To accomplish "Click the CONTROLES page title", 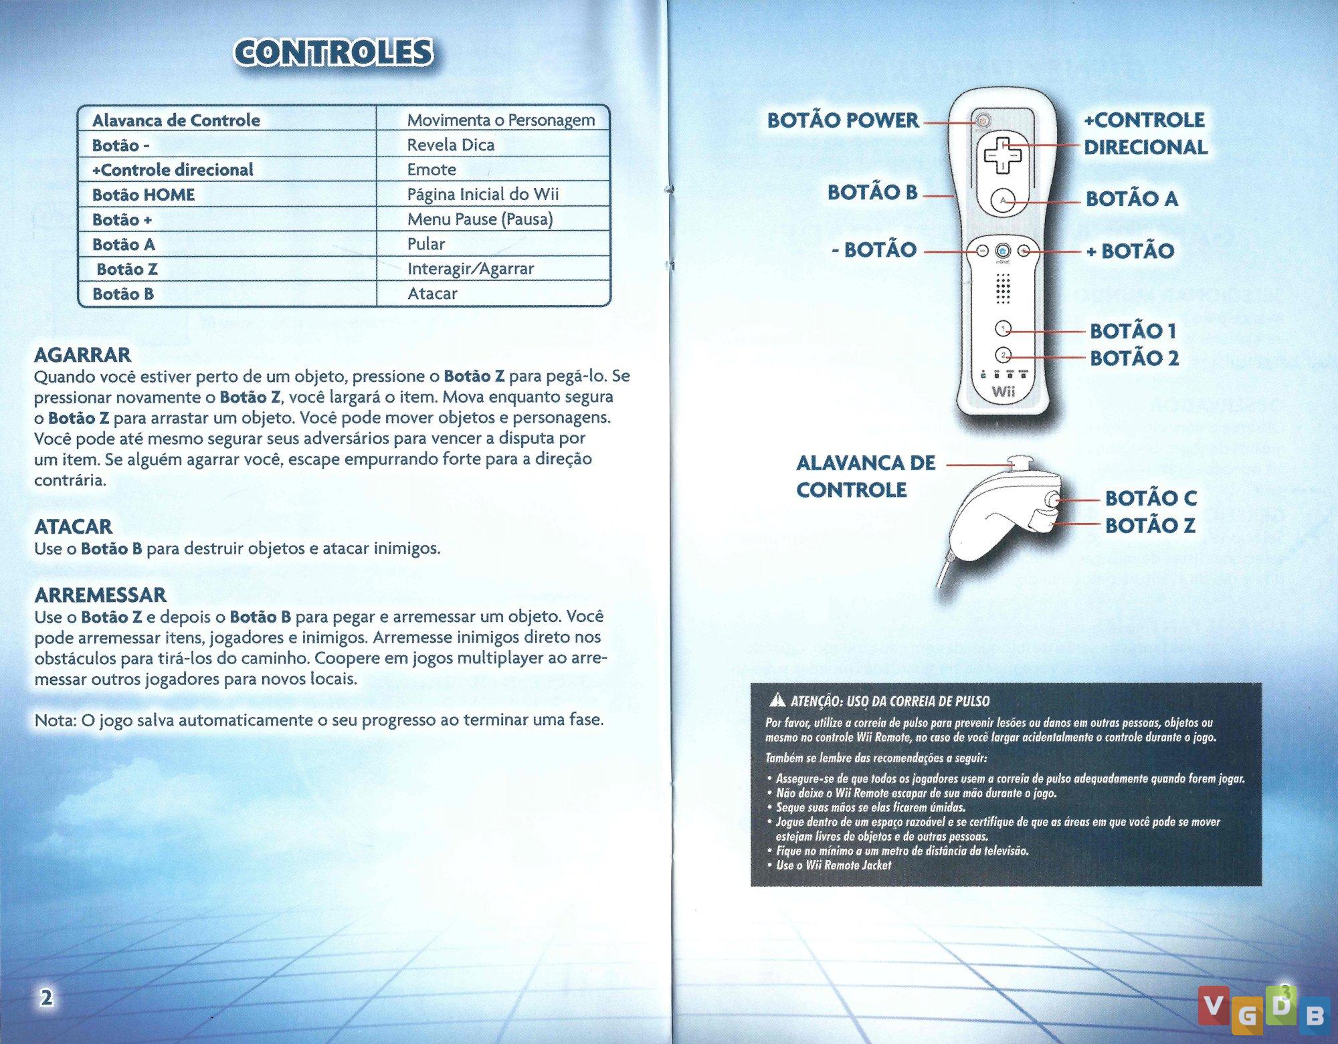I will click(333, 53).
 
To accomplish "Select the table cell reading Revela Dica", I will click(450, 144).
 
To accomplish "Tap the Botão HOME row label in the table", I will click(143, 195).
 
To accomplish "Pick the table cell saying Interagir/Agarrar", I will click(470, 269).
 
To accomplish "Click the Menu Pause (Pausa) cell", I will click(480, 219).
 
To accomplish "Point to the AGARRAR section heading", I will click(82, 354).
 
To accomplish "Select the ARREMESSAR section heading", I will click(100, 595).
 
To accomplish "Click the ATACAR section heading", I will click(73, 526).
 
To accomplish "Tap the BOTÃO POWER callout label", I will click(843, 120).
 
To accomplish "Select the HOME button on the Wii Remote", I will click(1002, 251).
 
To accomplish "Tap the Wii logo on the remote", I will click(1002, 391).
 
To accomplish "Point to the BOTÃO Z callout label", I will click(1149, 526).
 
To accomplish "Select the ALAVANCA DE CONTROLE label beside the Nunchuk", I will click(865, 476).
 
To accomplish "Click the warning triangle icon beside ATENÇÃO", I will click(777, 701).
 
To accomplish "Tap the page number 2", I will click(45, 998).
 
